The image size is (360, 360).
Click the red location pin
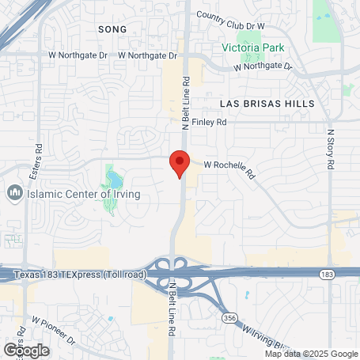(180, 161)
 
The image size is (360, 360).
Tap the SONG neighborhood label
(112, 28)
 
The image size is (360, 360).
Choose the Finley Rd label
(210, 123)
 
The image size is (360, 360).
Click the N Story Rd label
(331, 142)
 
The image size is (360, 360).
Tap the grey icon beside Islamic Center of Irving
(13, 193)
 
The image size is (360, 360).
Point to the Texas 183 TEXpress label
(78, 274)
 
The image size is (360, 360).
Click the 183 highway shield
(327, 273)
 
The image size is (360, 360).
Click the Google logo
(25, 350)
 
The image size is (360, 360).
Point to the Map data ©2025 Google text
(311, 354)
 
